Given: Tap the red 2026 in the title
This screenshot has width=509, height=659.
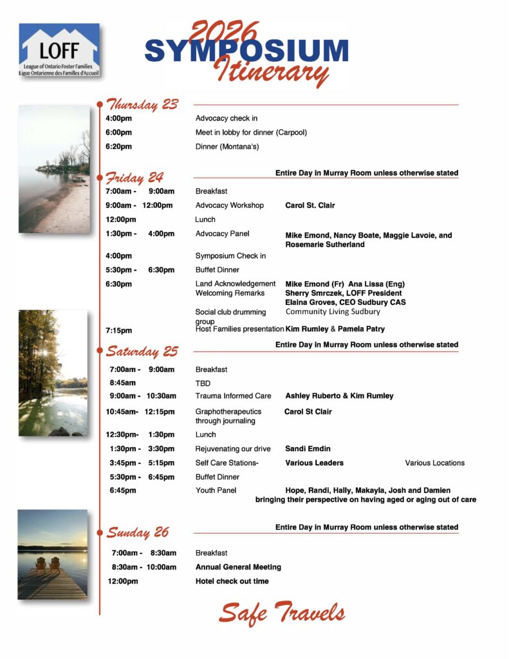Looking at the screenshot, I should (225, 32).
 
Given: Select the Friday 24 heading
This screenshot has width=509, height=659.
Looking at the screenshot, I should (134, 177).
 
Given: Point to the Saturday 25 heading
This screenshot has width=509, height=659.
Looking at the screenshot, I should (142, 351).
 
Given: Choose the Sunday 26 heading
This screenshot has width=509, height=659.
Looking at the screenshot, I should (138, 532).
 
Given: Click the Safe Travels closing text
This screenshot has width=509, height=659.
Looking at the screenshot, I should (281, 613).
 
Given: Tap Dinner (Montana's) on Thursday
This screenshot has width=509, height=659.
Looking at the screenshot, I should (227, 147).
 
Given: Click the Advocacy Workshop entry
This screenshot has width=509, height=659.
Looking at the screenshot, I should (229, 205).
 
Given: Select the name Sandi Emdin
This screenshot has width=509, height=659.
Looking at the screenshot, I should (308, 449).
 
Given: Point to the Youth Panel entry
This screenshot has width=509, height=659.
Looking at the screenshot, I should (216, 490).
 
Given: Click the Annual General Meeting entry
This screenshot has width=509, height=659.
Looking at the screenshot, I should (238, 567).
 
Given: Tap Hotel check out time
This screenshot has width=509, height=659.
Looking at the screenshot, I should (232, 581).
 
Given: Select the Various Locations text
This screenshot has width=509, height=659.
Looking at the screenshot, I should (434, 463).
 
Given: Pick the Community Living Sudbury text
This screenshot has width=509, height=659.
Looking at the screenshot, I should (333, 312).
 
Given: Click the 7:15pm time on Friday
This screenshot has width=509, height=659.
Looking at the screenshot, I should (119, 330).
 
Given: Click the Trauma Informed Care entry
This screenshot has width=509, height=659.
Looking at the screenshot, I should (233, 396).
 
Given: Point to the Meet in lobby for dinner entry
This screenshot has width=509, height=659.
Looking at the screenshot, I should (251, 133).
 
